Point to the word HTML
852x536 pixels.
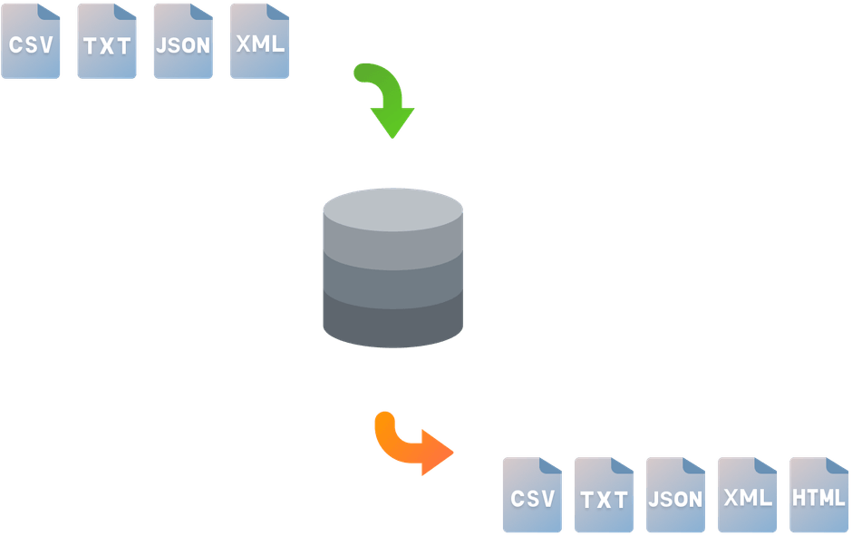coord(818,497)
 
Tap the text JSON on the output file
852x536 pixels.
coord(675,499)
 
